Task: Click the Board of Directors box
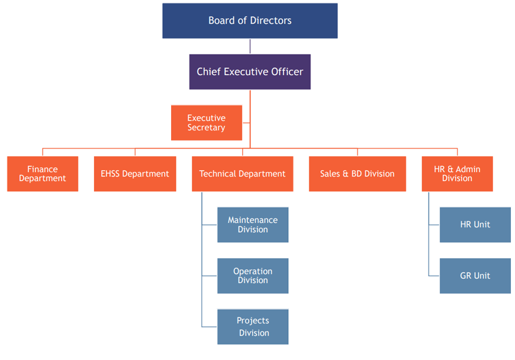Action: pos(250,21)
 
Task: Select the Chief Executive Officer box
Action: pos(250,72)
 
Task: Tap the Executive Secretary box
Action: pos(207,123)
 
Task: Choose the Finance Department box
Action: pos(43,173)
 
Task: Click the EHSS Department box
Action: pos(135,173)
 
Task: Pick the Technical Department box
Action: pos(242,173)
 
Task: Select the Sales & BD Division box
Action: pos(357,173)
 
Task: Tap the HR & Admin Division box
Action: pos(457,173)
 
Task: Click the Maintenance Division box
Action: pos(253,224)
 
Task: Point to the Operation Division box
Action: pos(253,275)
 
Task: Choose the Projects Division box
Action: pos(253,326)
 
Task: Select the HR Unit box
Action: pos(475,224)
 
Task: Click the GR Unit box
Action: pos(475,275)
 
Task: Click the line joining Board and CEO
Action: pos(250,47)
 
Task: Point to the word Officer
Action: pos(287,72)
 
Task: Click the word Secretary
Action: pos(207,127)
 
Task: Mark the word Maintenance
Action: pos(253,220)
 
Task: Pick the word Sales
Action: pos(330,173)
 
